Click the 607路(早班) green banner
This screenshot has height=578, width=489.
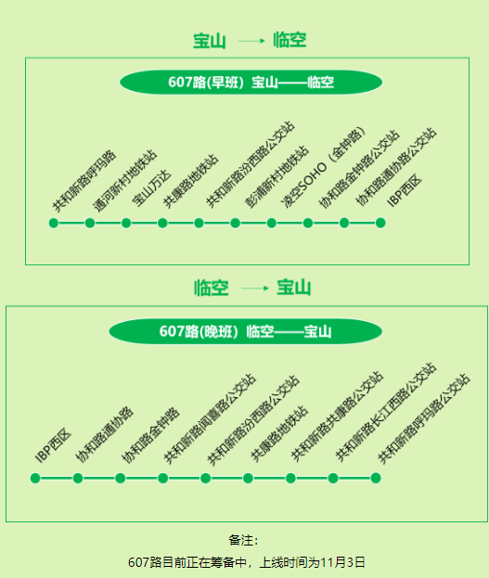point(251,82)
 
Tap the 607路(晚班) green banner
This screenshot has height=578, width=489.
point(246,331)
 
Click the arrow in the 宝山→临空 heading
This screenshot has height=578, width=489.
point(251,41)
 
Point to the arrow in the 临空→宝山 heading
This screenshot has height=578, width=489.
point(255,288)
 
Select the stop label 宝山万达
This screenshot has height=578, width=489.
point(151,188)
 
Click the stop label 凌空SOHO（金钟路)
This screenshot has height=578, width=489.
point(324,168)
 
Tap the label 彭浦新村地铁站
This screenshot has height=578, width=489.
point(277,176)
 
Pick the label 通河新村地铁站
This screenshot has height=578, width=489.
point(124,181)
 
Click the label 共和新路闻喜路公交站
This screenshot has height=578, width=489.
point(210,418)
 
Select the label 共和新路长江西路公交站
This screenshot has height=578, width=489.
point(386,412)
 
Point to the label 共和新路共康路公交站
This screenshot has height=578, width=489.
point(337,417)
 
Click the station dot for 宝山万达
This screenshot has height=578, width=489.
point(126,223)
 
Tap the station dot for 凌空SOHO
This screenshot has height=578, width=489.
point(272,223)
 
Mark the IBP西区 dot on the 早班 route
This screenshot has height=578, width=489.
point(380,223)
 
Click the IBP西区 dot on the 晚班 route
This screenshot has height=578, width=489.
point(35,478)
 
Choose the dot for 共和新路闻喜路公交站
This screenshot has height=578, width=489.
point(163,478)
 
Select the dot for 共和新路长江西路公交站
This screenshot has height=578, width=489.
point(333,478)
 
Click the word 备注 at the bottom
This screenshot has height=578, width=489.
point(240,540)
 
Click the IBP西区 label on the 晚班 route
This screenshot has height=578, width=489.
point(53,445)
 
